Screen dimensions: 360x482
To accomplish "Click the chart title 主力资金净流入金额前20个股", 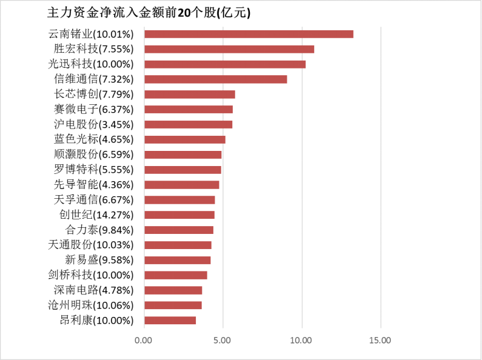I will click(x=149, y=13).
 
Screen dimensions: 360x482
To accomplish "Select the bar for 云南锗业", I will click(x=249, y=34).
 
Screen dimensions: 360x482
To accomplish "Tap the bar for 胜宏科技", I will click(x=229, y=49).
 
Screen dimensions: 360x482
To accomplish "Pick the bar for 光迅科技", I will click(x=225, y=64).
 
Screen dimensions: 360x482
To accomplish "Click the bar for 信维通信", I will click(x=216, y=79).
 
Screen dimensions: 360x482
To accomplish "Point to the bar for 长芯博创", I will click(x=190, y=95).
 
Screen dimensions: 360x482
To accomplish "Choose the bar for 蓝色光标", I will click(x=185, y=139).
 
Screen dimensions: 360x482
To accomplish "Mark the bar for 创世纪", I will click(x=179, y=215).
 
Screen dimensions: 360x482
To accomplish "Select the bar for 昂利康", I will click(x=170, y=320).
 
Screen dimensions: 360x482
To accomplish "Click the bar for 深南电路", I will click(x=173, y=290).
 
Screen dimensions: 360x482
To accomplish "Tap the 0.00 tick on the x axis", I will click(x=144, y=341).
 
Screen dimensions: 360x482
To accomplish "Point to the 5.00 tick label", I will click(x=223, y=341).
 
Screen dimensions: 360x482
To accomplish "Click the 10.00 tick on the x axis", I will click(x=301, y=341).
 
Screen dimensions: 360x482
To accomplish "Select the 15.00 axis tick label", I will click(x=380, y=341).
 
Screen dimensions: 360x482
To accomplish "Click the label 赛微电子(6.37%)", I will click(x=98, y=109).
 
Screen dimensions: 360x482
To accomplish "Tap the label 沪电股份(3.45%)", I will click(x=98, y=124).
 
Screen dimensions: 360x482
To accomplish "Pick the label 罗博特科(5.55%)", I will click(x=98, y=170).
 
